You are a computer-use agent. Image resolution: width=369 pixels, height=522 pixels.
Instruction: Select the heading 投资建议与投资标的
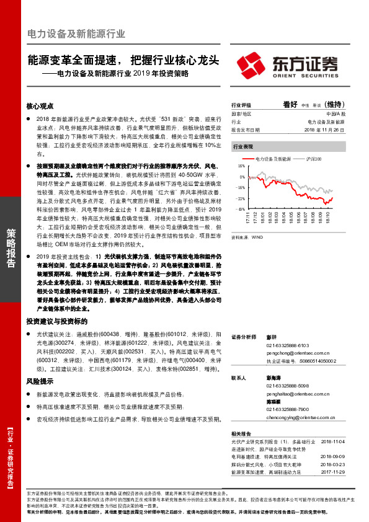click(57, 321)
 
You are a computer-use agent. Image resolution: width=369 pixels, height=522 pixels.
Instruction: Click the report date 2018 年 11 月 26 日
click(328, 130)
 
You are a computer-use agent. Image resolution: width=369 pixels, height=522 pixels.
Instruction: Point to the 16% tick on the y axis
click(241, 167)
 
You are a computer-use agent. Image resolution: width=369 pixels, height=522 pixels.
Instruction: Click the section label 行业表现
click(243, 147)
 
